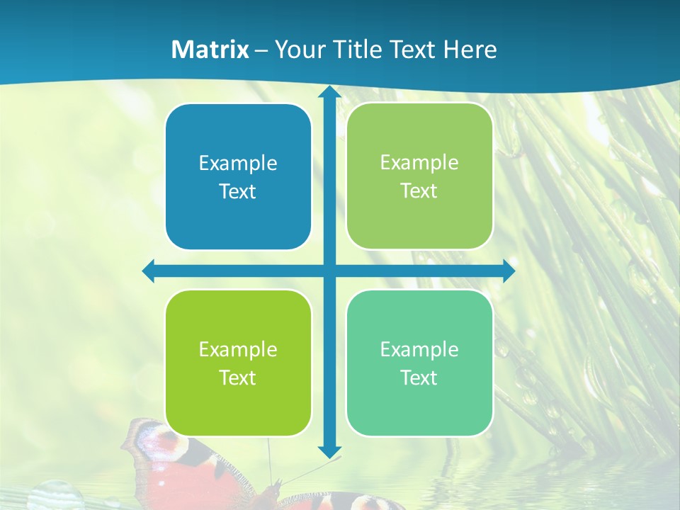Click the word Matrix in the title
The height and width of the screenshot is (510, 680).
click(210, 50)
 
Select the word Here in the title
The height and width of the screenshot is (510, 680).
click(470, 50)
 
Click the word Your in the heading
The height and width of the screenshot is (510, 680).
click(296, 50)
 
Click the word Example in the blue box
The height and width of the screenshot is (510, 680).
click(238, 163)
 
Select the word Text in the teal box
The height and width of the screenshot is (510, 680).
click(419, 378)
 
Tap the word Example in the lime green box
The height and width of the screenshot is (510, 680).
click(238, 349)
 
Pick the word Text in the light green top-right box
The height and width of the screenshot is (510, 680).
click(419, 191)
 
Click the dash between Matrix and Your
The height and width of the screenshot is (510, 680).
click(261, 50)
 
